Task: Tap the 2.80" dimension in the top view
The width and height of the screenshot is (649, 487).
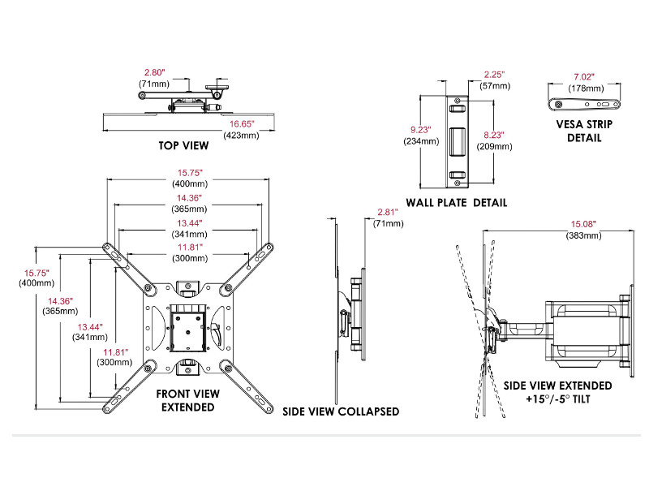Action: (x=153, y=72)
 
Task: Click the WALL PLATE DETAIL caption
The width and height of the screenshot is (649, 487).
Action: (x=457, y=202)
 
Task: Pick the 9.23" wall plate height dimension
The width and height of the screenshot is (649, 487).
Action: (x=421, y=128)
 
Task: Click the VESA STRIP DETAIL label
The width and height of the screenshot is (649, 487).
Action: (x=584, y=131)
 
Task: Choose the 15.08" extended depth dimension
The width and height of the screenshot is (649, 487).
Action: (x=583, y=224)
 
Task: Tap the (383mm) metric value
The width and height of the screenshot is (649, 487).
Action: (x=583, y=235)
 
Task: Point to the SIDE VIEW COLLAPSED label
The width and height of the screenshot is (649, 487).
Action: (x=341, y=412)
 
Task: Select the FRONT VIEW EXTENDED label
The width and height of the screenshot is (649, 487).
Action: (x=187, y=399)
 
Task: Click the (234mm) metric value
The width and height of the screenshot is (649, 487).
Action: (x=421, y=140)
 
